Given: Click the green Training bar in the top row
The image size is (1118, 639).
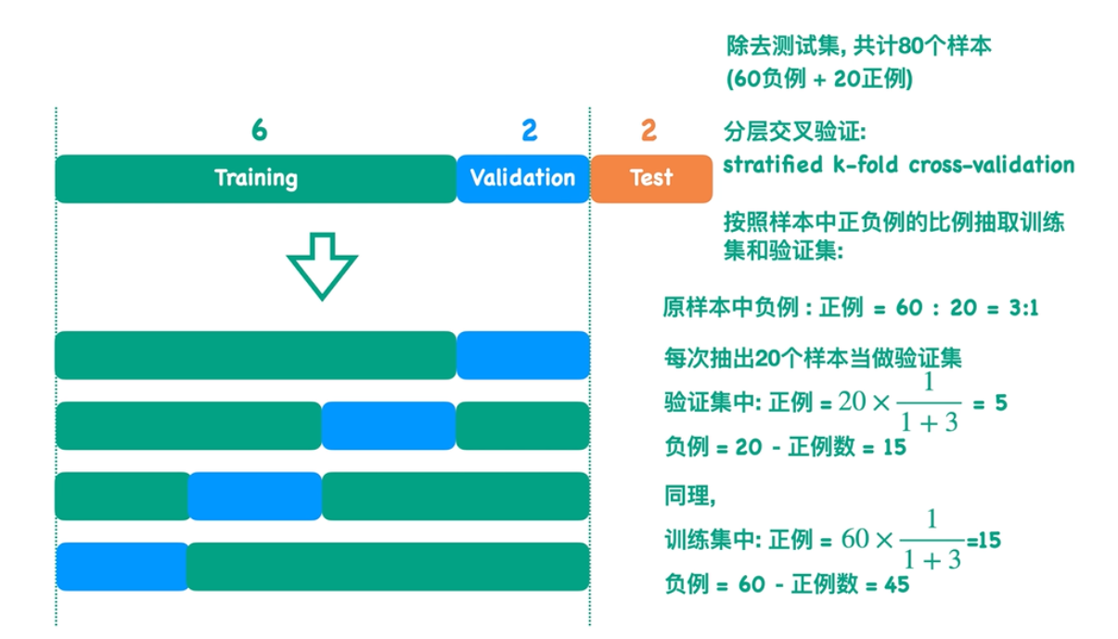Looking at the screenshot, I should tap(255, 178).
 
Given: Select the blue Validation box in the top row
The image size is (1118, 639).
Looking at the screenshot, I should tap(522, 178).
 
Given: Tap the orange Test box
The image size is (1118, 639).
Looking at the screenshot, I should tap(650, 178).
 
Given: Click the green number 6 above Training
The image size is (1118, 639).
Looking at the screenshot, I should tap(259, 130).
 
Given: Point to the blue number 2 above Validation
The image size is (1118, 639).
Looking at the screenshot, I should tap(529, 130).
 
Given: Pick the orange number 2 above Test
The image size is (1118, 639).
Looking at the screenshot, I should tap(649, 130).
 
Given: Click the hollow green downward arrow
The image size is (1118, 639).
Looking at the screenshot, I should tap(322, 265).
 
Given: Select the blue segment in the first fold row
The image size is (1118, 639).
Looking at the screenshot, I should tap(522, 355).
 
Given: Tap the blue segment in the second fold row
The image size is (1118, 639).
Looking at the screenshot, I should tap(388, 426).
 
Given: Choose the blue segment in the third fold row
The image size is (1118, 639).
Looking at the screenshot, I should tap(254, 496).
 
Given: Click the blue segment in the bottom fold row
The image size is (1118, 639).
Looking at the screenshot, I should tap(122, 567).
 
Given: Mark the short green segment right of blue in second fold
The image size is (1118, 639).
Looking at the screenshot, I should tap(522, 426).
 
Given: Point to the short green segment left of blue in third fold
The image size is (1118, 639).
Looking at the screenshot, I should tap(122, 496).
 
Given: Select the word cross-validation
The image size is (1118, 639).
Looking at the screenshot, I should tap(991, 165).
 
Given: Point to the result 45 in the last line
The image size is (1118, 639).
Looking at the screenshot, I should tap(896, 585).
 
